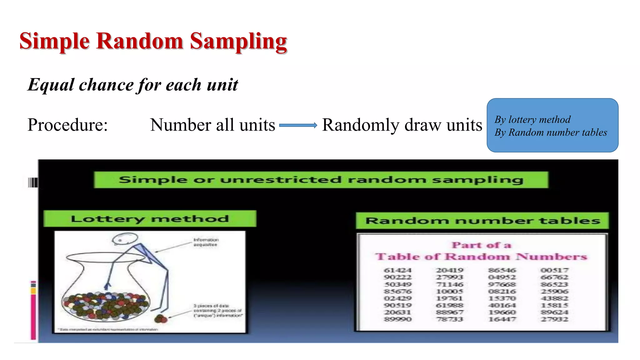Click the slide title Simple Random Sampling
[153, 41]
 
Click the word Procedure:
[67, 125]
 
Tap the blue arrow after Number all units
[298, 125]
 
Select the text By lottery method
[532, 120]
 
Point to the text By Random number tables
[551, 132]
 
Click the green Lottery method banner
[150, 219]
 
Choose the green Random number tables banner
[482, 221]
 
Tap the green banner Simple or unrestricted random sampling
[321, 180]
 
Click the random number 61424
[397, 270]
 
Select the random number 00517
[555, 270]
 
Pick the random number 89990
[397, 319]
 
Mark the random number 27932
[555, 319]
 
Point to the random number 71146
[450, 284]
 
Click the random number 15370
[502, 298]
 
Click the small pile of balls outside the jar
[161, 319]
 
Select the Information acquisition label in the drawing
[206, 242]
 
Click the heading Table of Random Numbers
[481, 257]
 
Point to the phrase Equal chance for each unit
[133, 85]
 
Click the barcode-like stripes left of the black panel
[33, 182]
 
